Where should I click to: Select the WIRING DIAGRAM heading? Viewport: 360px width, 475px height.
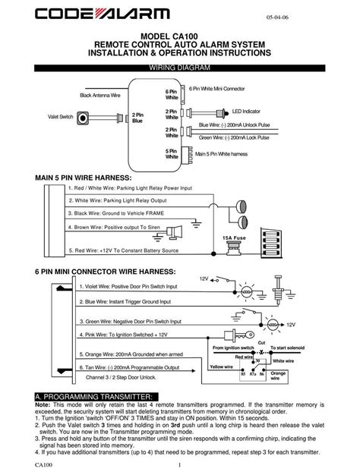[179, 68]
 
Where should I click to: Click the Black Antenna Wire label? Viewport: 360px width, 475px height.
[100, 95]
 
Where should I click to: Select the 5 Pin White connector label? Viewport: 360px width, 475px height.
[172, 154]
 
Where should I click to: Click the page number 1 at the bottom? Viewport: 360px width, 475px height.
[179, 464]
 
